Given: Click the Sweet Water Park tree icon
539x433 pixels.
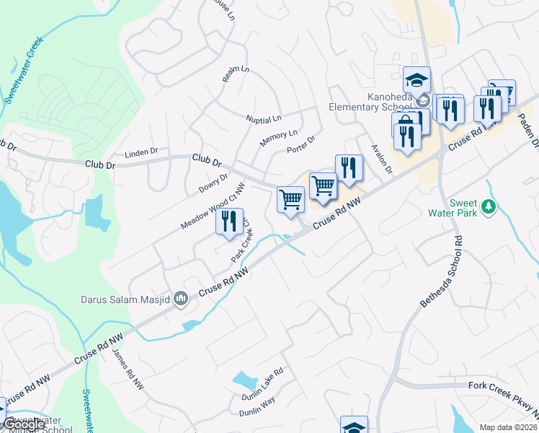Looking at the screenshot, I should [x=489, y=206].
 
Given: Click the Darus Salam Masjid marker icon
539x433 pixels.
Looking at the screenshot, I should [x=181, y=297].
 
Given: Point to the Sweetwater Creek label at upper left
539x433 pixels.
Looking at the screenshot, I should [x=24, y=69].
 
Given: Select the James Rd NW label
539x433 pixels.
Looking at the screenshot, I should [x=128, y=370].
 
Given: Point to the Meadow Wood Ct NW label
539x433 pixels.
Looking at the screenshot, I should [x=213, y=206].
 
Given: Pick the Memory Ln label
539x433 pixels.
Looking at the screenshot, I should [x=278, y=136].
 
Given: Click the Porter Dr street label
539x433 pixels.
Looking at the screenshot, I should [x=300, y=145].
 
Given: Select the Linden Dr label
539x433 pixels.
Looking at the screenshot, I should [x=141, y=152].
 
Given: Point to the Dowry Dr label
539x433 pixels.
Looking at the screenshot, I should [x=213, y=183].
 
